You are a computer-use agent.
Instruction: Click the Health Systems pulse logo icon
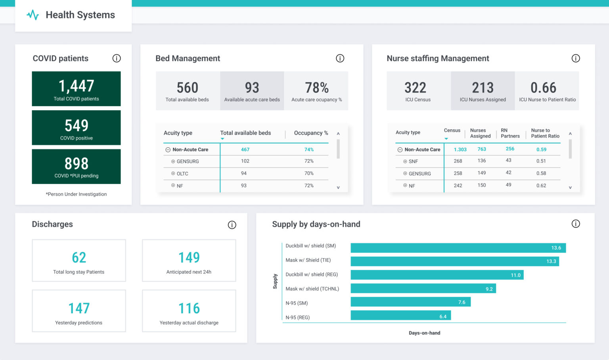tap(33, 15)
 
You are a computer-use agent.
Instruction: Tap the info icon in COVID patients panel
tap(117, 58)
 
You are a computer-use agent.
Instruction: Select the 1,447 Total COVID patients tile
tap(76, 89)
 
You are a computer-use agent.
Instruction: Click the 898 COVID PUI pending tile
tap(76, 167)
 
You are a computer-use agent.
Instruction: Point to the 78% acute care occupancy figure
tap(316, 88)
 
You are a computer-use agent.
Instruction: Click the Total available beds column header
tap(245, 133)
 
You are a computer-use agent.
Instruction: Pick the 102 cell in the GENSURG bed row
tap(245, 161)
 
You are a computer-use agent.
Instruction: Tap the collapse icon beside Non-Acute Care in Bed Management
tap(168, 150)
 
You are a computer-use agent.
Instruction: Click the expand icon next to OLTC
tap(173, 174)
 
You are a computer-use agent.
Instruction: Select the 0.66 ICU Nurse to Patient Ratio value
tap(543, 88)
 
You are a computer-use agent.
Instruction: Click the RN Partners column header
tap(510, 133)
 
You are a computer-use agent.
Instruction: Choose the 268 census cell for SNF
tap(458, 161)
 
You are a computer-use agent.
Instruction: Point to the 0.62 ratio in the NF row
tap(541, 186)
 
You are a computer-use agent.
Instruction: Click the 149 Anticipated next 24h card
tap(189, 260)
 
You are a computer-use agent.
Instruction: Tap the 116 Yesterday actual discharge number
tap(189, 308)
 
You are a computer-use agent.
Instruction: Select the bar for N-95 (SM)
tap(410, 302)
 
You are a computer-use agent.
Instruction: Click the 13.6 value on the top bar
tap(556, 248)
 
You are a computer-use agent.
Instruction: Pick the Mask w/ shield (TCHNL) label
tap(312, 289)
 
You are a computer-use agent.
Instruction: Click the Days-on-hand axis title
tap(424, 333)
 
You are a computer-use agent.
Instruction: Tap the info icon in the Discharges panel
tap(232, 225)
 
